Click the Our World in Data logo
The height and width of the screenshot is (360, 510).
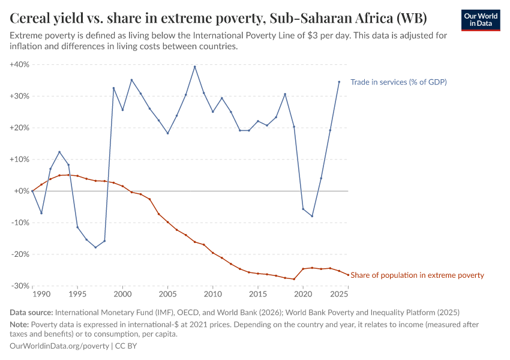481,19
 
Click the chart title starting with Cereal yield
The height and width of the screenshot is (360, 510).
218,19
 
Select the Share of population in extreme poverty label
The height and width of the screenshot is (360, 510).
417,275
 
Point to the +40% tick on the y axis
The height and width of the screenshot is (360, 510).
20,64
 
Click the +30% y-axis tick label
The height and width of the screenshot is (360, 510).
20,96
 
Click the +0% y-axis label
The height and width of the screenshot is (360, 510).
22,191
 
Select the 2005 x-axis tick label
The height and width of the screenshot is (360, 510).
167,295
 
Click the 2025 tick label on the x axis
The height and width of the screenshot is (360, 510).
339,295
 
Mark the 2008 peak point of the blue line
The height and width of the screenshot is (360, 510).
194,67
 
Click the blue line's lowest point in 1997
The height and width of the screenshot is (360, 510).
95,247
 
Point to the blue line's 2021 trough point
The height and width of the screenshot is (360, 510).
312,216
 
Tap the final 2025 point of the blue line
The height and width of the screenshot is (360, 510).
339,82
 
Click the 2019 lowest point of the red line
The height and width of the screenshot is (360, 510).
294,279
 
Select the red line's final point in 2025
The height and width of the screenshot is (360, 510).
348,275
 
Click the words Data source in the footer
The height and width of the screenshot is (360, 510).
31,313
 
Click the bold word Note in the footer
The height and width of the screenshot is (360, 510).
19,325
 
